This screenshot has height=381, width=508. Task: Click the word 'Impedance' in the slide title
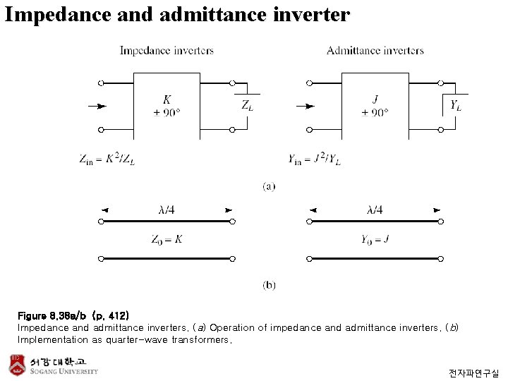pyautogui.click(x=58, y=16)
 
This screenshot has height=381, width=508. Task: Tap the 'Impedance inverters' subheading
pyautogui.click(x=167, y=51)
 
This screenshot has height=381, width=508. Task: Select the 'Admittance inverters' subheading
pyautogui.click(x=375, y=51)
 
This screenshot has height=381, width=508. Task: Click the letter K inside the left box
pyautogui.click(x=167, y=99)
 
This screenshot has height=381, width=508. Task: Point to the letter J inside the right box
pyautogui.click(x=375, y=99)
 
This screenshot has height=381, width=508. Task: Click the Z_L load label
pyautogui.click(x=248, y=105)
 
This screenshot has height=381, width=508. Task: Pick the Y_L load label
pyautogui.click(x=456, y=105)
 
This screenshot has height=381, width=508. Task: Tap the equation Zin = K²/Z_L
pyautogui.click(x=107, y=159)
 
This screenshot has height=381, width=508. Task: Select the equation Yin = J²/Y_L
pyautogui.click(x=315, y=159)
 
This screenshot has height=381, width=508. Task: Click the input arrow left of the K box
pyautogui.click(x=97, y=106)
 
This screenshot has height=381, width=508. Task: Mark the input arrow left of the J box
pyautogui.click(x=306, y=106)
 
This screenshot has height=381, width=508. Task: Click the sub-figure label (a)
pyautogui.click(x=269, y=186)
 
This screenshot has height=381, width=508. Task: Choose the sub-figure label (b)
pyautogui.click(x=269, y=285)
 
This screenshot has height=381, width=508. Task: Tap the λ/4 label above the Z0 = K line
pyautogui.click(x=167, y=210)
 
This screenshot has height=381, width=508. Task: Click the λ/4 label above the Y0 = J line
pyautogui.click(x=375, y=210)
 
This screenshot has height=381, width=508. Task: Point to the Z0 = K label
pyautogui.click(x=167, y=240)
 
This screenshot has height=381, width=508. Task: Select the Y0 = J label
pyautogui.click(x=375, y=240)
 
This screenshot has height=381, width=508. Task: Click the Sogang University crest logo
pyautogui.click(x=17, y=365)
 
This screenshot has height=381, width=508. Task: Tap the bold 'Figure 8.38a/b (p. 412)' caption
pyautogui.click(x=73, y=315)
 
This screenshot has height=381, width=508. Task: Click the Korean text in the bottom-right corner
pyautogui.click(x=473, y=373)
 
